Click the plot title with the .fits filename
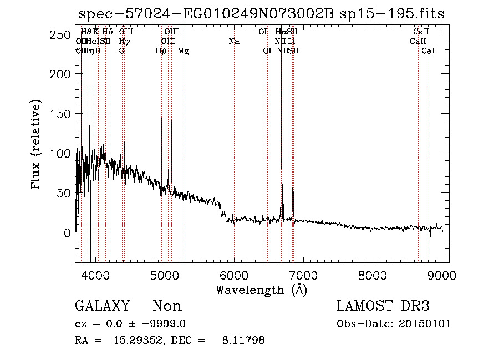261,14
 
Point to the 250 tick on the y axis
64,35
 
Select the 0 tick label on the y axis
68,233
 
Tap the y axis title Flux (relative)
37,146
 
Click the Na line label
234,41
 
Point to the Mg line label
183,50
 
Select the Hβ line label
161,50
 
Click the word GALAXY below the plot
102,306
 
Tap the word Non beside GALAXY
167,306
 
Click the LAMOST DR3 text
383,306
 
